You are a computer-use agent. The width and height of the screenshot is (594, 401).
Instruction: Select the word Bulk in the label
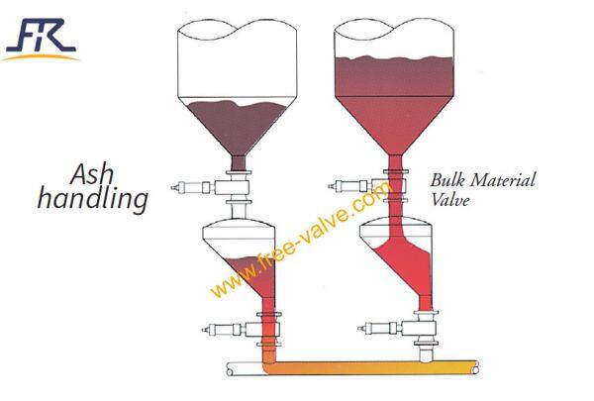click(x=446, y=181)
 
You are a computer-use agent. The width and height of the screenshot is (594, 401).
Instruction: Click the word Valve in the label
click(x=449, y=198)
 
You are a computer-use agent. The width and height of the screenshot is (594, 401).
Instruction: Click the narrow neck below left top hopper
click(x=238, y=162)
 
